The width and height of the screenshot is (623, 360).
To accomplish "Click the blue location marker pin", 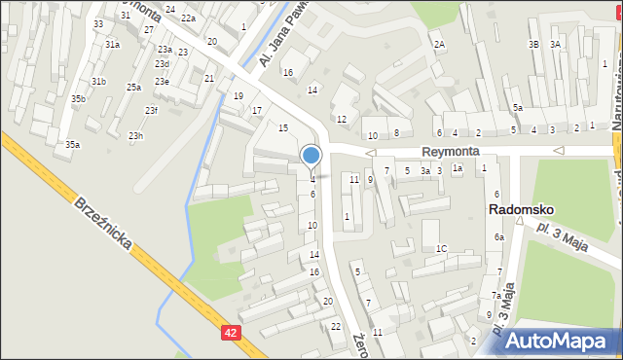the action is [311, 156].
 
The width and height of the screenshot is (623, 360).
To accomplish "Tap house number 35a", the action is [72, 145].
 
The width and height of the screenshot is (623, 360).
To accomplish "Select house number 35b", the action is [78, 99].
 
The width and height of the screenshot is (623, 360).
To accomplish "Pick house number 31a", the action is [113, 45].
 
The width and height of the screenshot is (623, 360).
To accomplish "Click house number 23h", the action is [135, 136].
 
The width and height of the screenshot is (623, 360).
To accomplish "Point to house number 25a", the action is [133, 88].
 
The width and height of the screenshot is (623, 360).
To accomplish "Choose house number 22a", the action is [188, 18].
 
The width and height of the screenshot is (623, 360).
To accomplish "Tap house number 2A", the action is [439, 45].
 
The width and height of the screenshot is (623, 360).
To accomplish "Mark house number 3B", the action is [533, 45].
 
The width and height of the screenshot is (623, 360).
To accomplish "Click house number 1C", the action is [441, 249].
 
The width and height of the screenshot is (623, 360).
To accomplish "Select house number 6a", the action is [498, 237].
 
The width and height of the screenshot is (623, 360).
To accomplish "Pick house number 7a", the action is [495, 296].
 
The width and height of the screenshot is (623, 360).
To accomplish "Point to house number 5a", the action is [518, 108].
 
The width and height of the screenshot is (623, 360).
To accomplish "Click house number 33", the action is [98, 23].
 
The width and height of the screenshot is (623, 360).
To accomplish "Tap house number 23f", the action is [151, 110].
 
